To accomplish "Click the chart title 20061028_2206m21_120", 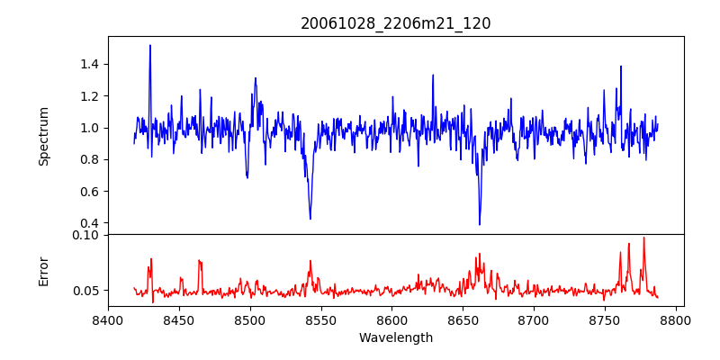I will (395, 23).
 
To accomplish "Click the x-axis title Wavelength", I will (395, 338).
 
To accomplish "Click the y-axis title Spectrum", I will (43, 136).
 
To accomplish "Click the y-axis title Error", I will (43, 271).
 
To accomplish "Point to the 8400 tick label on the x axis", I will (108, 319).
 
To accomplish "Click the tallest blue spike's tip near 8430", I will (150, 45).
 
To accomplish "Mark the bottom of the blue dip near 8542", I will (310, 219).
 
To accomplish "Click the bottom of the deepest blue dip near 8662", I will (480, 225).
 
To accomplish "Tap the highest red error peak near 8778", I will (643, 238).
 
